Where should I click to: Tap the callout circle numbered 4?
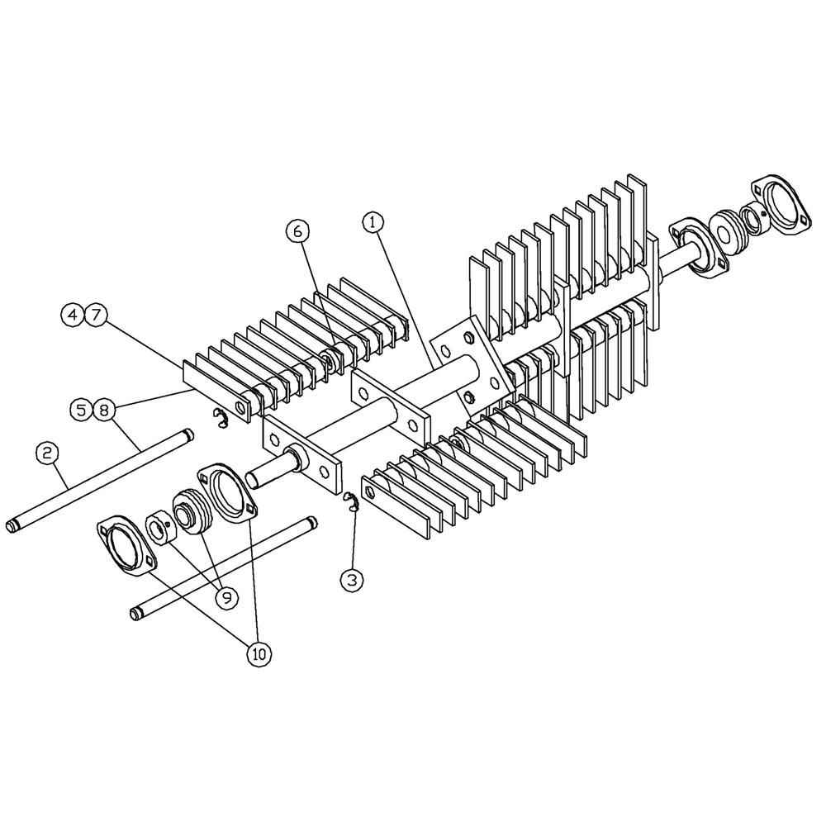(x=74, y=315)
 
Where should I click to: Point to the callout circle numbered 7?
(x=96, y=315)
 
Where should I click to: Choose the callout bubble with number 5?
(x=80, y=409)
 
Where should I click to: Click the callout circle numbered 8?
(x=102, y=409)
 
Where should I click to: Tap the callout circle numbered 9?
(x=224, y=594)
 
